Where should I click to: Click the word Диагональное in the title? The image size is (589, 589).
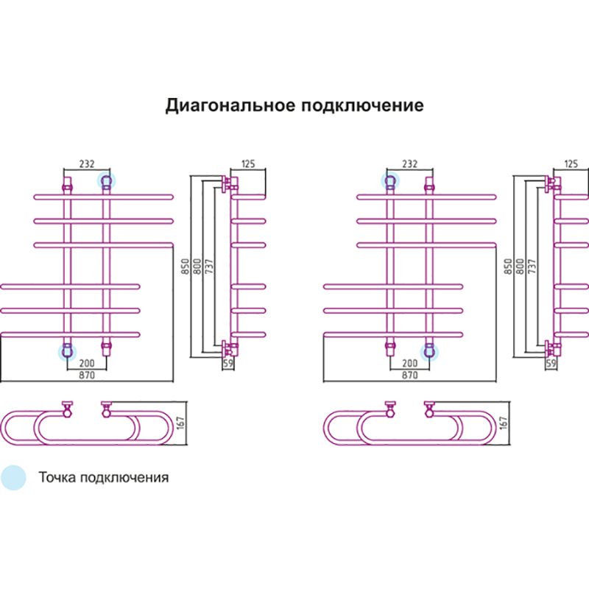[x=230, y=105]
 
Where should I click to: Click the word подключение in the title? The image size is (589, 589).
[x=362, y=105]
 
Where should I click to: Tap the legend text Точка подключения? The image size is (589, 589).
[x=104, y=477]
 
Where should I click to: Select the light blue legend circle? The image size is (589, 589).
[x=13, y=477]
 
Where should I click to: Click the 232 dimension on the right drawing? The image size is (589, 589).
[x=409, y=164]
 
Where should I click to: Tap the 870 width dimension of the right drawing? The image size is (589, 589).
[x=410, y=375]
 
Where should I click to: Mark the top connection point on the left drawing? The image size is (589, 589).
[x=106, y=180]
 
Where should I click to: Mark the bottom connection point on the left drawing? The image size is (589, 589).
[x=68, y=352]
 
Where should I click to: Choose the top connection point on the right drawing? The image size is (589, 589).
[x=390, y=180]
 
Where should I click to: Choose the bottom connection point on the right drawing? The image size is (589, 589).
[x=428, y=352]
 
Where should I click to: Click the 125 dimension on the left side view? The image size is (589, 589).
[x=247, y=164]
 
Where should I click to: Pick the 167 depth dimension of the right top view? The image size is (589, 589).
[x=504, y=423]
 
